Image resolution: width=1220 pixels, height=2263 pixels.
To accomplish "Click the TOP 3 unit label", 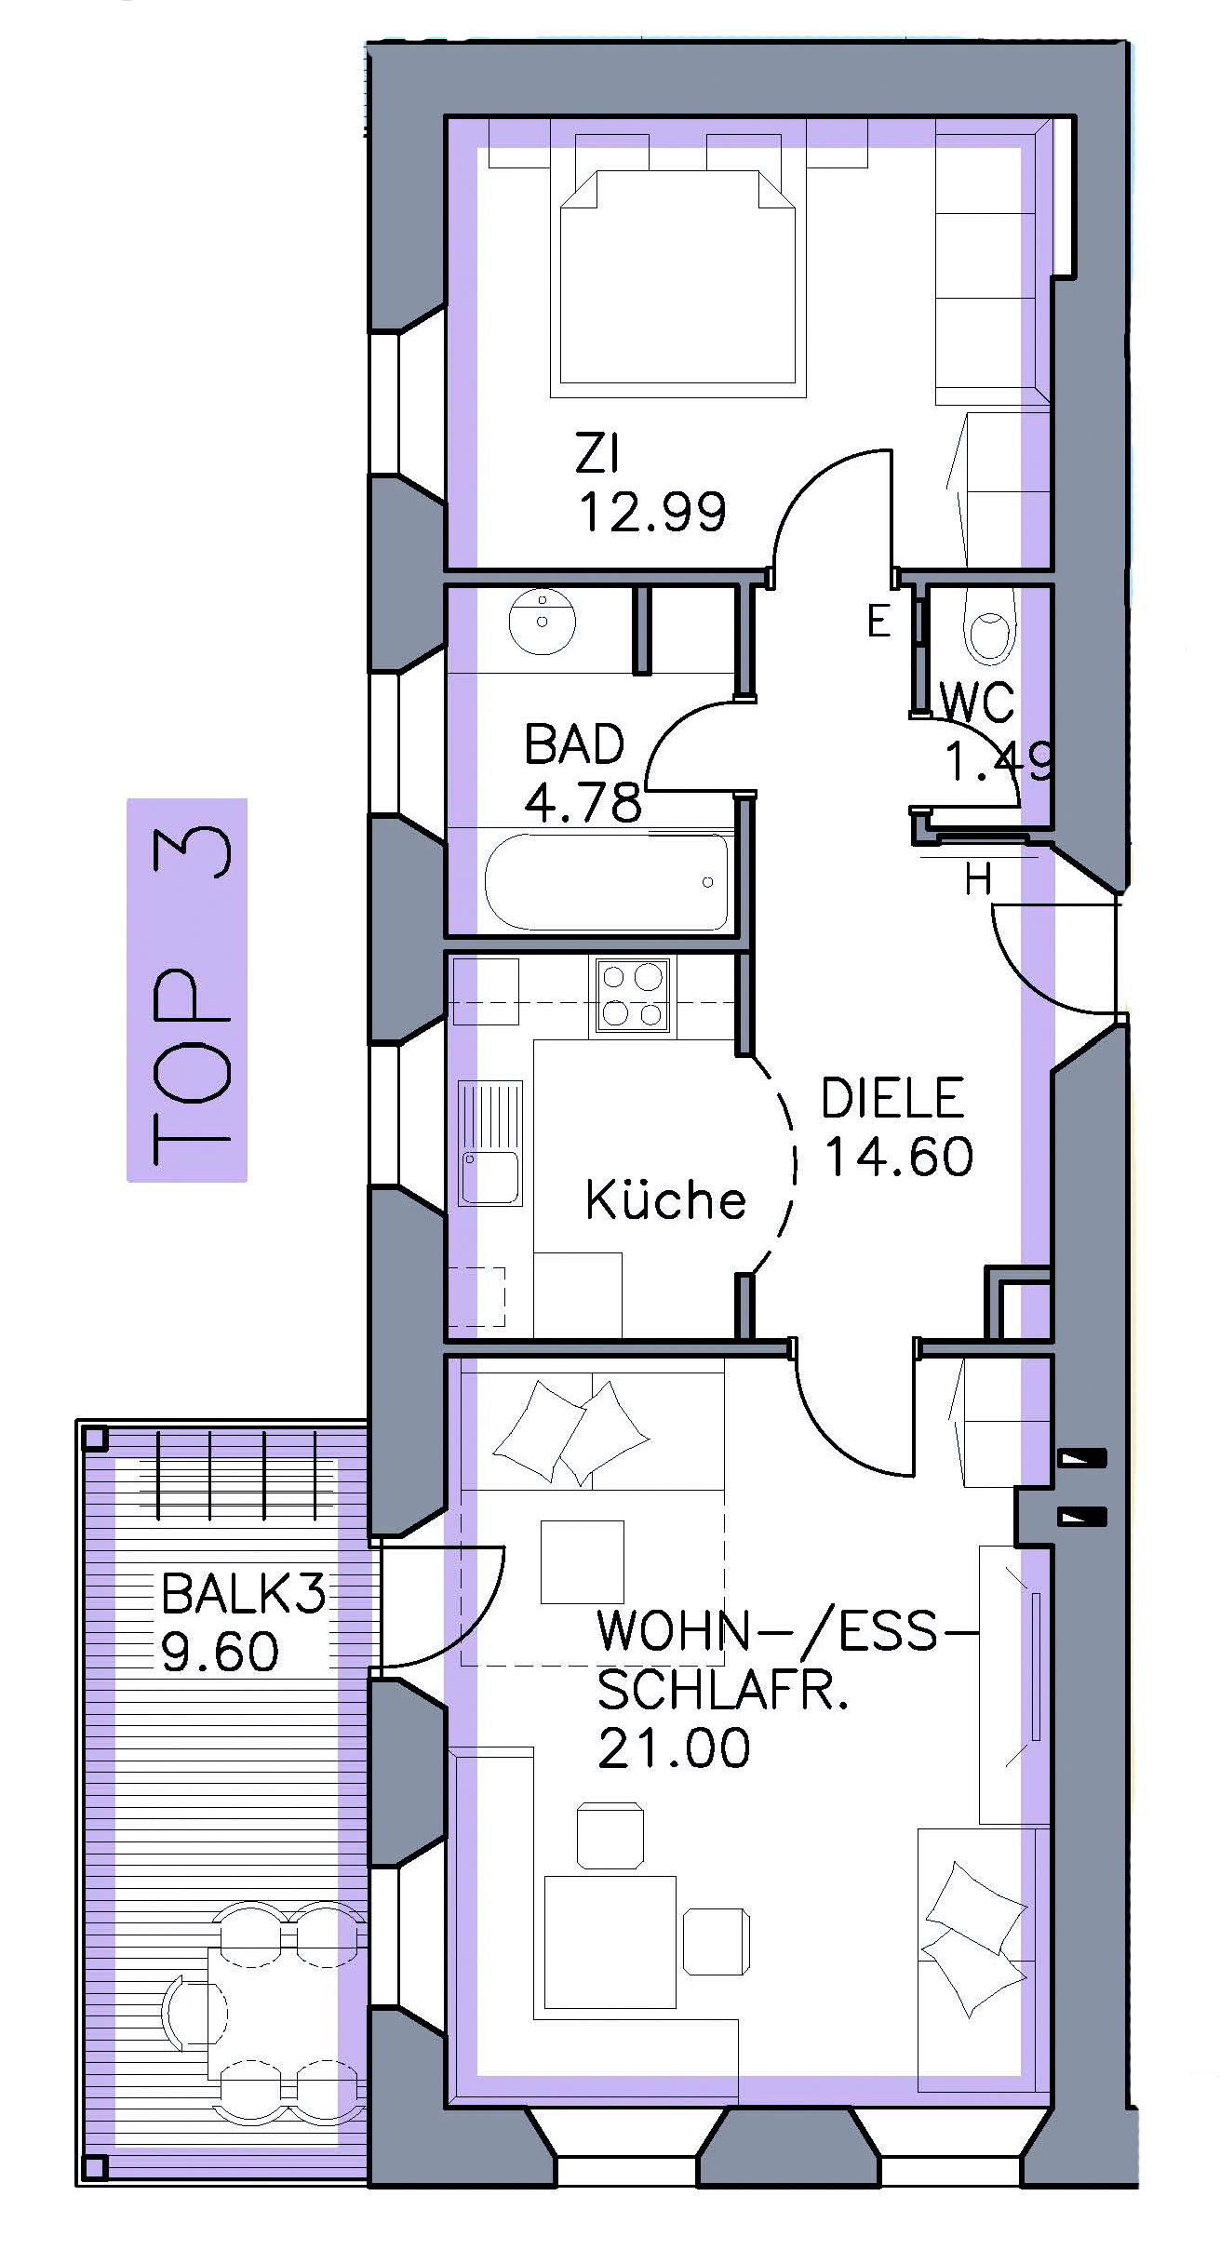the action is [186, 990].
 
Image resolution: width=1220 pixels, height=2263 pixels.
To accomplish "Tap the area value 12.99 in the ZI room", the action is [652, 511].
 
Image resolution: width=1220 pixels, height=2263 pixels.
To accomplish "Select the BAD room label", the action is [574, 744].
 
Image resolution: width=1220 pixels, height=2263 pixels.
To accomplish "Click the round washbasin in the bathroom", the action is [543, 618].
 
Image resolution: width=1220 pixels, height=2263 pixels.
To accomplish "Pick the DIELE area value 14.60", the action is [899, 1156].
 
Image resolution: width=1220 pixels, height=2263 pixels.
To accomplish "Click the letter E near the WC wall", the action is [878, 621].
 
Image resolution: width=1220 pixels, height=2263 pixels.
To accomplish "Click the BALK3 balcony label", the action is [244, 1592].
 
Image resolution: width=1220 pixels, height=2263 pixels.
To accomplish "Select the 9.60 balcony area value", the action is [220, 1651].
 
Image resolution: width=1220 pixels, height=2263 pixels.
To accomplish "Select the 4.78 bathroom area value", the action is [583, 801].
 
